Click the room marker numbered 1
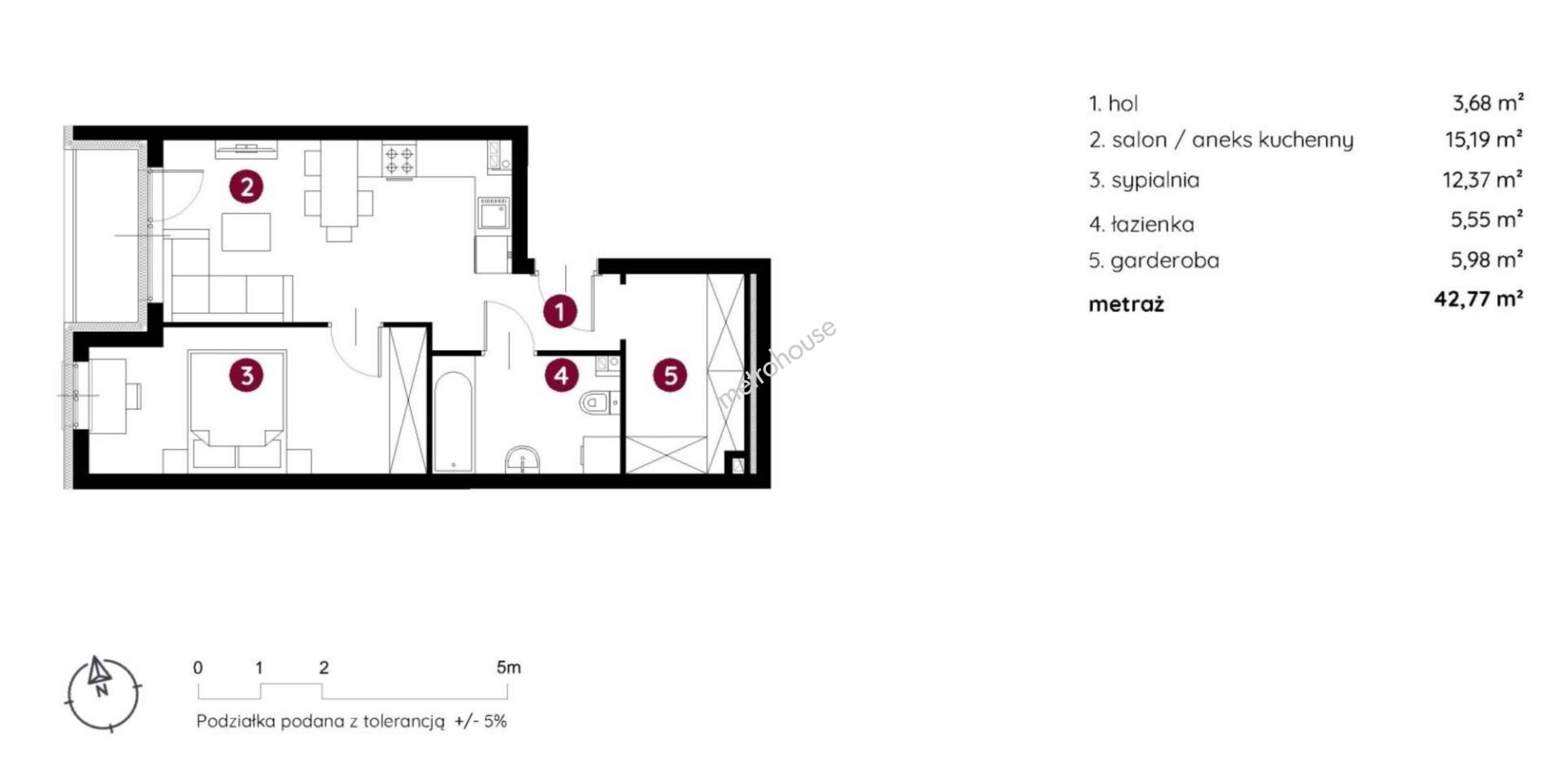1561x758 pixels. click(559, 311)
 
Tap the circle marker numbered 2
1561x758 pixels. click(246, 187)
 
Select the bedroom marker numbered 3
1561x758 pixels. click(246, 375)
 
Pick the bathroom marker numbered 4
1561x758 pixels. click(561, 375)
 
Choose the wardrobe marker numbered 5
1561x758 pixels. click(671, 375)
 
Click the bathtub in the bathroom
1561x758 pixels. click(453, 422)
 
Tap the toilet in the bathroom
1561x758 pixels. click(599, 402)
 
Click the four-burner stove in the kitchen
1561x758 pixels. click(399, 160)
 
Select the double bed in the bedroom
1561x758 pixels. click(237, 410)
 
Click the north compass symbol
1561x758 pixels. click(103, 693)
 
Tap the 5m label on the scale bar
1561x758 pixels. click(508, 668)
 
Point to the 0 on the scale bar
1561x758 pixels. click(198, 668)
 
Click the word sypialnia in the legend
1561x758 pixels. click(1155, 180)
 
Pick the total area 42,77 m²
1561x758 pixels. click(1479, 299)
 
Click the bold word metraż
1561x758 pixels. click(1126, 305)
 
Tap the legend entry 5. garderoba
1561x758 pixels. click(1154, 261)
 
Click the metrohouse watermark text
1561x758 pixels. click(776, 363)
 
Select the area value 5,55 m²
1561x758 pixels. click(1487, 219)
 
